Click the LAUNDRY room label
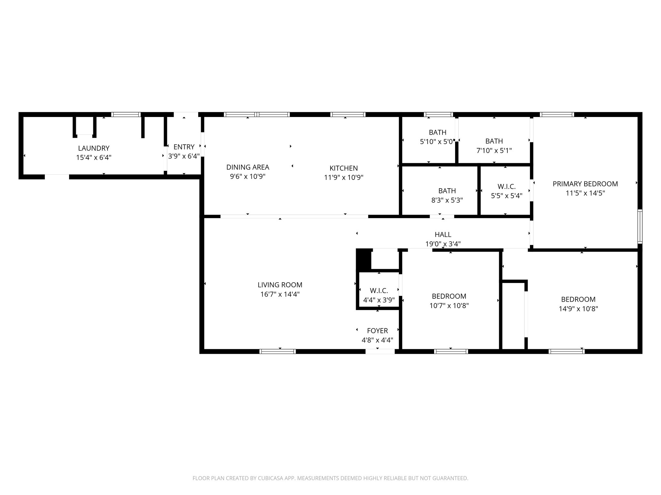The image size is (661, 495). click(94, 148)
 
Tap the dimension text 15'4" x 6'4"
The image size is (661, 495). click(94, 158)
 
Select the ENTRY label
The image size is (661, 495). click(184, 147)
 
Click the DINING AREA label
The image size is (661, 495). click(248, 167)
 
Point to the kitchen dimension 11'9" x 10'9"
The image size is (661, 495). click(344, 177)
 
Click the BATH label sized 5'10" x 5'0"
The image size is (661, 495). click(438, 132)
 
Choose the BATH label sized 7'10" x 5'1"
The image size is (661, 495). click(494, 141)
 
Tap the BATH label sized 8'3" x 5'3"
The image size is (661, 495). click(447, 191)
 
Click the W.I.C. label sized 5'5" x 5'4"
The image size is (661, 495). click(506, 187)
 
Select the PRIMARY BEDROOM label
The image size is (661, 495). click(585, 184)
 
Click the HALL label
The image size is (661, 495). click(443, 235)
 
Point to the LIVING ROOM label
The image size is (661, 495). click(280, 285)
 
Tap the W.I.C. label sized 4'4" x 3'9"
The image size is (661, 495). click(379, 291)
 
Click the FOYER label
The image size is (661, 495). click(377, 331)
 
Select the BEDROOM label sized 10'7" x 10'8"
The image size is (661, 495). click(449, 296)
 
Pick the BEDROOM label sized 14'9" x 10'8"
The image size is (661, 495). click(578, 299)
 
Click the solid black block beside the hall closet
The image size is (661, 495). click(363, 260)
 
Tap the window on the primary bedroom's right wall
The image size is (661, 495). click(640, 226)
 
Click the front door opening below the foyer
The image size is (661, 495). click(380, 352)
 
